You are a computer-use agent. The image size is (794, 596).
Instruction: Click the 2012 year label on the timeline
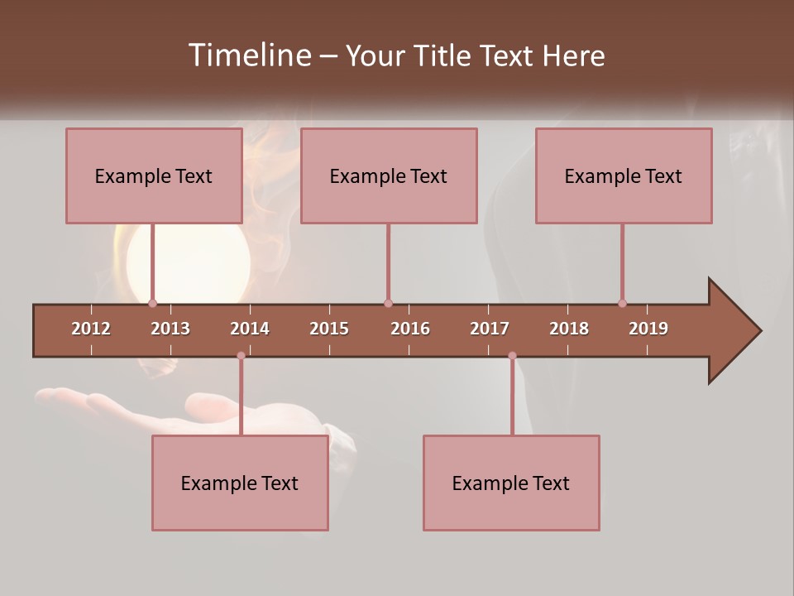[x=91, y=329]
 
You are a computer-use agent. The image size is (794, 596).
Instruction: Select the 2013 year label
[x=170, y=329]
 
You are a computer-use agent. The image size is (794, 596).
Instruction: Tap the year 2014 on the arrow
[x=250, y=329]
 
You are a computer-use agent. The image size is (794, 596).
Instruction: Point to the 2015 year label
[x=329, y=329]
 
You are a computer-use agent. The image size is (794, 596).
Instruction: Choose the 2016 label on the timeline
[x=410, y=329]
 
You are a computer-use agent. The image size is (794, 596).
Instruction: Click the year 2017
[x=490, y=329]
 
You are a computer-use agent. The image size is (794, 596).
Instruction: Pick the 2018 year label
[x=569, y=329]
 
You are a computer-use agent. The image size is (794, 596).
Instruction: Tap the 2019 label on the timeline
[x=648, y=329]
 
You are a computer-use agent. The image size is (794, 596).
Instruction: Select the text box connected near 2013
[x=154, y=175]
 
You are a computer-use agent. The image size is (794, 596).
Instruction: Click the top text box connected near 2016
[x=389, y=175]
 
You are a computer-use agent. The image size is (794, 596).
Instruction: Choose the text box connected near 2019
[x=624, y=175]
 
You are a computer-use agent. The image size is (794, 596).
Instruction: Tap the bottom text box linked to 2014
[x=240, y=483]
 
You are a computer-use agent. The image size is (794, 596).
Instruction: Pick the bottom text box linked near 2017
[x=511, y=483]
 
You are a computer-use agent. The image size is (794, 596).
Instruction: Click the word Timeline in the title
[x=248, y=55]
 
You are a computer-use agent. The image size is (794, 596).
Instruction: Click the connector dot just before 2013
[x=152, y=303]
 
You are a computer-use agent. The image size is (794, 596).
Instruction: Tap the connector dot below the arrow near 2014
[x=241, y=355]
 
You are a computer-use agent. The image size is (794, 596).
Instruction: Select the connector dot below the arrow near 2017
[x=512, y=355]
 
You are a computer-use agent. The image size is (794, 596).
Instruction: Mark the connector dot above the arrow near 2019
[x=622, y=303]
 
